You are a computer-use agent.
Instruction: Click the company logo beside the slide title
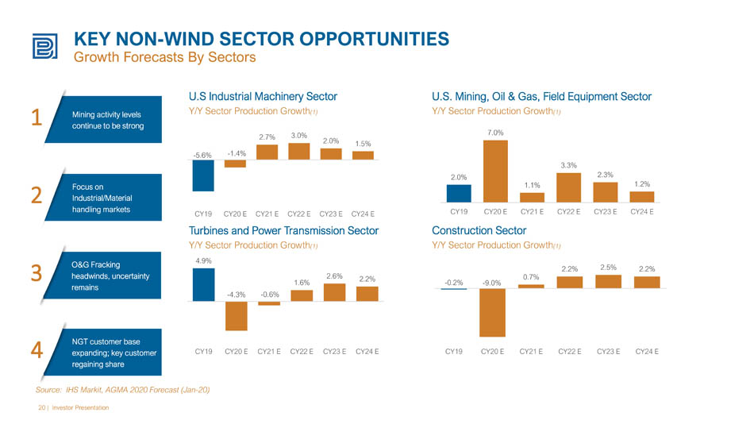tap(44, 46)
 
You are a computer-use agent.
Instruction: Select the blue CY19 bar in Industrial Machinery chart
tap(203, 175)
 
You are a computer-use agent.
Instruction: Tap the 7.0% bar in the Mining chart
tap(495, 172)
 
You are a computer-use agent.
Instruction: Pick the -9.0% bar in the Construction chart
tap(492, 313)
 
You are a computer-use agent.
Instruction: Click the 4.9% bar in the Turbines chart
tap(203, 285)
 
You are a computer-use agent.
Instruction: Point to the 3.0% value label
tap(298, 136)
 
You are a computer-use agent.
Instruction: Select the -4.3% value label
tap(236, 295)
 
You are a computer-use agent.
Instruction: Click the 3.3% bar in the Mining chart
tap(568, 187)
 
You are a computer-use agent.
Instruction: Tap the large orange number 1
tap(37, 118)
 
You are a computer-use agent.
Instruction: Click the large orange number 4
tap(37, 350)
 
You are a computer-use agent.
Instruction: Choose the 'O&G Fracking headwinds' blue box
tap(102, 276)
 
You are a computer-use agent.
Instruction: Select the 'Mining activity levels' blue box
tap(103, 120)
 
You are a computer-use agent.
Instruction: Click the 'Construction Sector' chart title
tap(479, 230)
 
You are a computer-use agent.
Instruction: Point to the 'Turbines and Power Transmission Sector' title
tap(283, 230)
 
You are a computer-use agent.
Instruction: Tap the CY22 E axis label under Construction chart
tap(569, 352)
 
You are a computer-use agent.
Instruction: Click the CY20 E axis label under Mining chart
tap(495, 212)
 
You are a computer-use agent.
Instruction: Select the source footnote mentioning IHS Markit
tap(122, 390)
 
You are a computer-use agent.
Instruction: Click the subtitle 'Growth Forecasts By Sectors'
tap(164, 57)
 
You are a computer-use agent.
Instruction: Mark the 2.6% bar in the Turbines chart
tap(334, 293)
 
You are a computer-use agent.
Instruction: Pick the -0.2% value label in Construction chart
tap(453, 283)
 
